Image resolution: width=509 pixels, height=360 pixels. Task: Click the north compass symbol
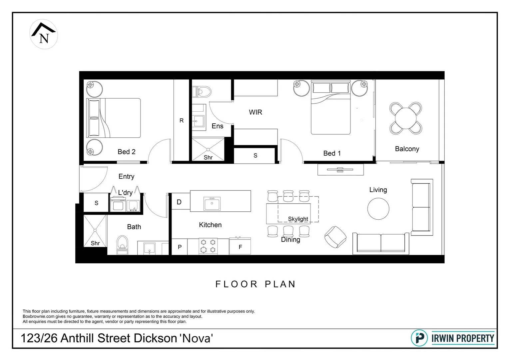pos(44,35)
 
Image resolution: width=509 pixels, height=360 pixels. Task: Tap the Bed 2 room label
pos(126,152)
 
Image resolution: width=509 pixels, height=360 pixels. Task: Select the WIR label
pos(255,112)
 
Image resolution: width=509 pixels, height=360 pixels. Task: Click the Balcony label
pos(407,149)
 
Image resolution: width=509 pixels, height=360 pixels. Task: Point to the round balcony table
pos(405,118)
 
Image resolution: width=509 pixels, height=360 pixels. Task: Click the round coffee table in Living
pos(378,209)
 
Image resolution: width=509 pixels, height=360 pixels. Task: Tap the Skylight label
pos(298,219)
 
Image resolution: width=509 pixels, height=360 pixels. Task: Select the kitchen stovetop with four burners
pos(208,246)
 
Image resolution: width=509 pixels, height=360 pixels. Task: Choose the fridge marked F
pos(240,247)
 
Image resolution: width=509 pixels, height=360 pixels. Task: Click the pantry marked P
pos(180,247)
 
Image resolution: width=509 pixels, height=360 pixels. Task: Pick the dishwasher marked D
pos(179,202)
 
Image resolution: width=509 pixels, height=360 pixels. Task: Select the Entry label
pos(126,177)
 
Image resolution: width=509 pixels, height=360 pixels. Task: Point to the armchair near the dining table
pos(335,237)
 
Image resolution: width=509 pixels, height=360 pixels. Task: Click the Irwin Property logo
pos(453,338)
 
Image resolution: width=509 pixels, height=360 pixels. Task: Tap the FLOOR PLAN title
pos(255,284)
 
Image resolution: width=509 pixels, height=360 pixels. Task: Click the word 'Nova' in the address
pos(196,338)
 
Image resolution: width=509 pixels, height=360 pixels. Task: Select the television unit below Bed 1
pos(340,170)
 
